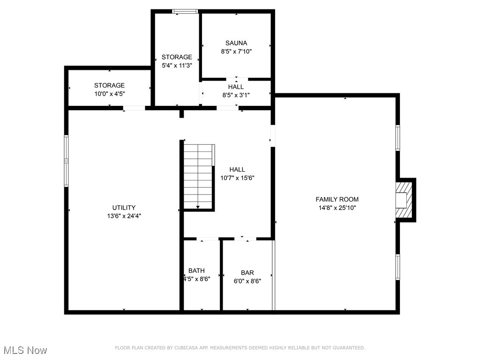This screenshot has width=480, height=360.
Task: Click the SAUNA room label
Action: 236,43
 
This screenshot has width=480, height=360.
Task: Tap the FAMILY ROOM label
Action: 337,199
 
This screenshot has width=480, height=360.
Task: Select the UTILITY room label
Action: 124,208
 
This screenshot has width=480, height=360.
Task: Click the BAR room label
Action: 247,273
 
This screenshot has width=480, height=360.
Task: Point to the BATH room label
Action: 196,270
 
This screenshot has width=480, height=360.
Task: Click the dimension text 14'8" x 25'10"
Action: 337,208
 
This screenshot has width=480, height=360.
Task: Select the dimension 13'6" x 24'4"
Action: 124,216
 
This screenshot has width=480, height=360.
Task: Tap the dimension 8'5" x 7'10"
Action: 236,52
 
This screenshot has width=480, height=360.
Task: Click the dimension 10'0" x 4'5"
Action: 109,94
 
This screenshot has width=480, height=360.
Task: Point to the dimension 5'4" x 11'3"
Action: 177,66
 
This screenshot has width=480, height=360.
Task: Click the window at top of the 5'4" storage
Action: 185,11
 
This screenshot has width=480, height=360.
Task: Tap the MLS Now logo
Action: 25,350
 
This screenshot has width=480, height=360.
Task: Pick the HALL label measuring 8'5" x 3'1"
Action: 236,87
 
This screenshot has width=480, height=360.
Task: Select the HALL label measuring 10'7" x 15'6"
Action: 237,170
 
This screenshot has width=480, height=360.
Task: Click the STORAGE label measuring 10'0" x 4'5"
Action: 109,85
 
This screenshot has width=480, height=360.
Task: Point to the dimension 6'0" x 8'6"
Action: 247,281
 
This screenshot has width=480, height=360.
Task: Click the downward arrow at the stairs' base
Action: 198,206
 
